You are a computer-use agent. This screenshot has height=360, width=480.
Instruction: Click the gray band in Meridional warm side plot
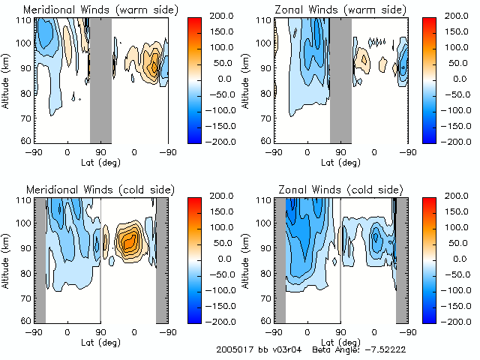(100, 79)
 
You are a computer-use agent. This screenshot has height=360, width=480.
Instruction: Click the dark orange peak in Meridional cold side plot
(130, 240)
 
